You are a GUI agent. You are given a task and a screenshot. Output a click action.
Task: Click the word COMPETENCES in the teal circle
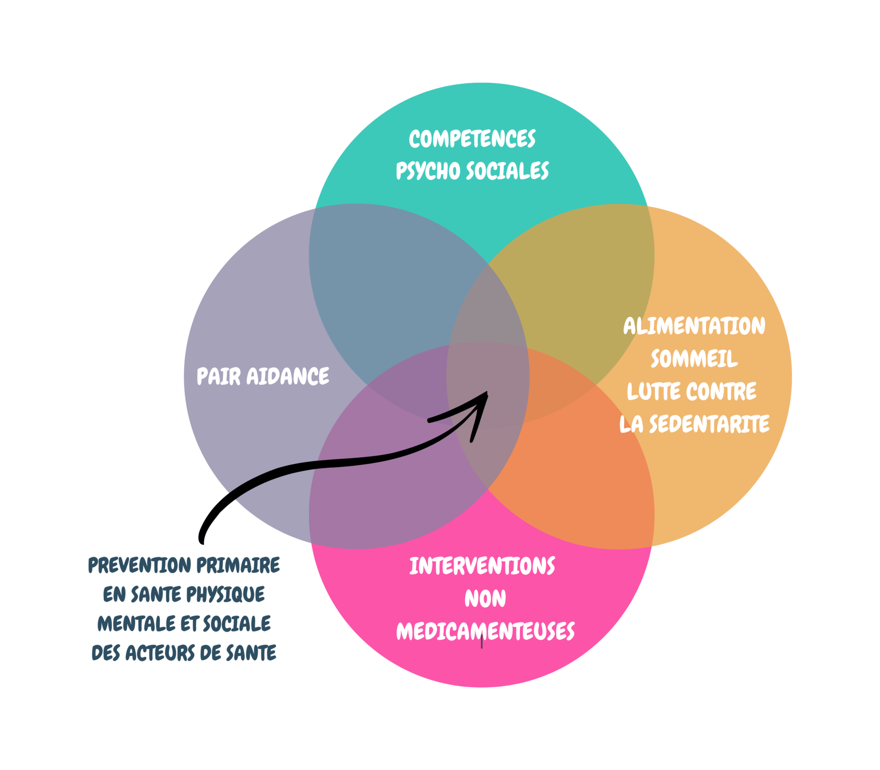click(472, 139)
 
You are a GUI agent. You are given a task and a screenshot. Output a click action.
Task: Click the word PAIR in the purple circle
click(219, 376)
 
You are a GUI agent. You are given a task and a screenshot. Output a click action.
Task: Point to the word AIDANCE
click(288, 377)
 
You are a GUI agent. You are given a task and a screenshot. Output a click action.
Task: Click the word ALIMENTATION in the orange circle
click(694, 326)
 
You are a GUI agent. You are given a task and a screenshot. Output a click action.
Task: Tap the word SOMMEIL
click(694, 359)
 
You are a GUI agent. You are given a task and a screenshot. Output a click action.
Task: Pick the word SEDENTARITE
click(709, 424)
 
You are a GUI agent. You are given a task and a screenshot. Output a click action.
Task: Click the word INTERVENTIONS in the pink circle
click(482, 566)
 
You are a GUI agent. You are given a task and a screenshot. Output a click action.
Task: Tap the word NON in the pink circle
click(485, 599)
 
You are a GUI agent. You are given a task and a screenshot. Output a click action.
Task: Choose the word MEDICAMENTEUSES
click(485, 631)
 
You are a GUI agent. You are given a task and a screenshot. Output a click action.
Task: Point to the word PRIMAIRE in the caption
click(238, 565)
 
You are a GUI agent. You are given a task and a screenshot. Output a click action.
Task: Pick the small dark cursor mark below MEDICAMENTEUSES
click(482, 644)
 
